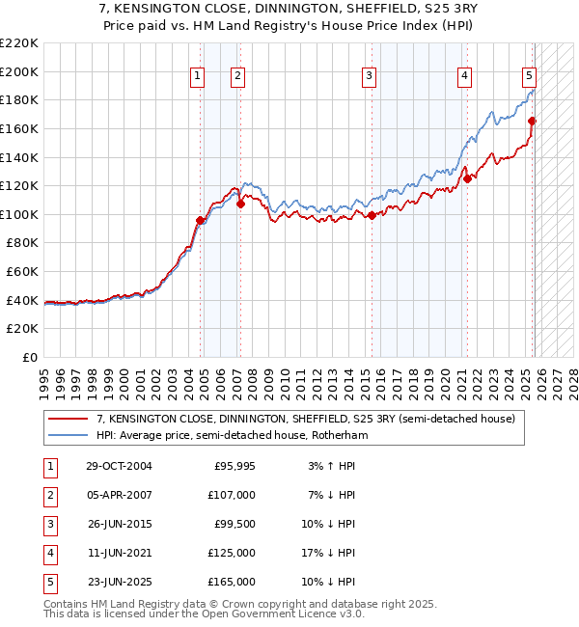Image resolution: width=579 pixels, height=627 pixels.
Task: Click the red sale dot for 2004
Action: (200, 220)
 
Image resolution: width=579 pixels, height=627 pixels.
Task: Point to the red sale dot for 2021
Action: (466, 178)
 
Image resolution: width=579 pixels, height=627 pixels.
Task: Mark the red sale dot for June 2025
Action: (532, 121)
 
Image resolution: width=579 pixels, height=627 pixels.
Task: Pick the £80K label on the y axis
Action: (22, 243)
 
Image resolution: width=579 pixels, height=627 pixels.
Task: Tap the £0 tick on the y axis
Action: (29, 357)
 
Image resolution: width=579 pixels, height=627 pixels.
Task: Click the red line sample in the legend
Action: (69, 420)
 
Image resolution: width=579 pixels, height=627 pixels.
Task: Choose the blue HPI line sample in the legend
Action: (69, 436)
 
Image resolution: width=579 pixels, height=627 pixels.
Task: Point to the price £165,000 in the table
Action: (232, 582)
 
